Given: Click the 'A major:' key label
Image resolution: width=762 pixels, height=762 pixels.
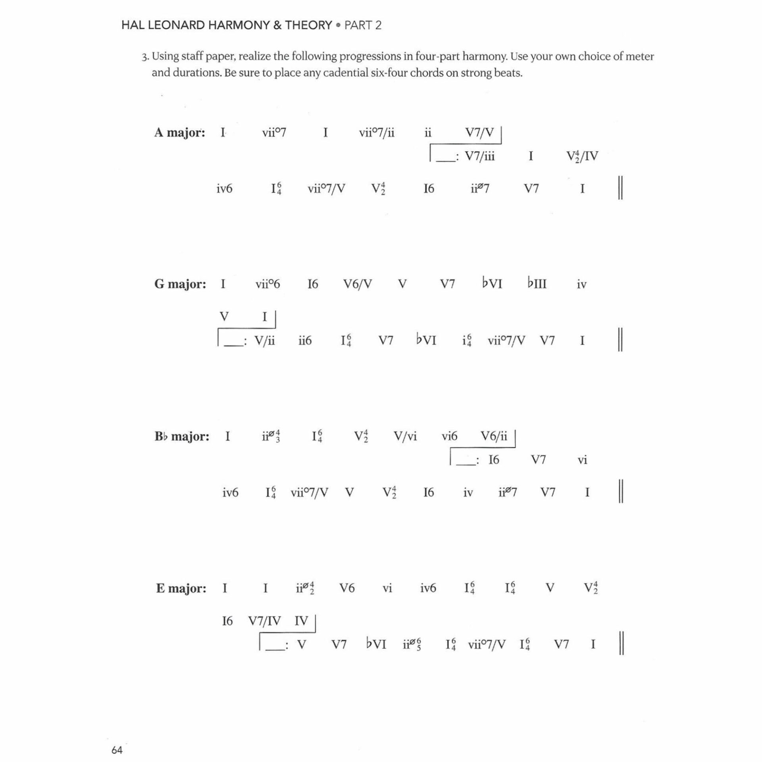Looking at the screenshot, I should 180,133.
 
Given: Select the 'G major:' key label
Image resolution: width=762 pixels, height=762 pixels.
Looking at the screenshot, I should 180,284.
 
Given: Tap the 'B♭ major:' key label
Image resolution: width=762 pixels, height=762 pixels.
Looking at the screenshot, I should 182,437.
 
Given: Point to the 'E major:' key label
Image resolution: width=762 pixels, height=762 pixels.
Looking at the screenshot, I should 181,588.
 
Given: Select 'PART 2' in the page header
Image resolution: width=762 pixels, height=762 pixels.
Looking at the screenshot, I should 363,25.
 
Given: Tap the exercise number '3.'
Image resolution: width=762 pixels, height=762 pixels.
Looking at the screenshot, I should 145,57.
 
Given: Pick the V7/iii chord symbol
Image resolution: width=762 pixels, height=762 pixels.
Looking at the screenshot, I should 479,156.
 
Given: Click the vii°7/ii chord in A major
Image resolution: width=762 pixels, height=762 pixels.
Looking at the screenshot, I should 377,133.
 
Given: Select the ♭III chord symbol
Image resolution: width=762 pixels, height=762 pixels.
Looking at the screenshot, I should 537,284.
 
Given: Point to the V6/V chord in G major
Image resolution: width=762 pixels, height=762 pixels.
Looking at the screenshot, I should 358,284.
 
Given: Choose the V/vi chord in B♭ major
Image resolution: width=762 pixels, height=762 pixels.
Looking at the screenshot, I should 405,437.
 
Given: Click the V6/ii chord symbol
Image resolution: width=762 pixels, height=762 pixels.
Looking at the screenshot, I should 494,437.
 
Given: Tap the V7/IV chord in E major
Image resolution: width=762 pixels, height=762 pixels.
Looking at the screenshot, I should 264,621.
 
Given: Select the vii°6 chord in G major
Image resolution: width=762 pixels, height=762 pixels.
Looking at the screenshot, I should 267,284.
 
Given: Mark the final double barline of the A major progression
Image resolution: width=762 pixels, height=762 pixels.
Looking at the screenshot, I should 621,188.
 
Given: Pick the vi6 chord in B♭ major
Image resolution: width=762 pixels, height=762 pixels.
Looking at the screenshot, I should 449,437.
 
